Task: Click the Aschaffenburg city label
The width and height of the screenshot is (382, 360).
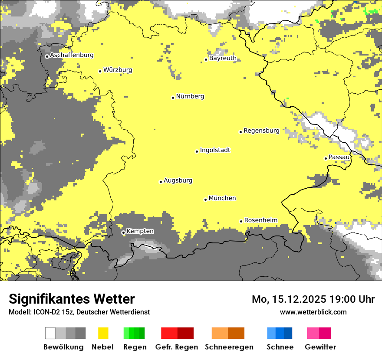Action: [72, 55]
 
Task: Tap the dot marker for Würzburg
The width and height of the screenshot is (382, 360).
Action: [100, 71]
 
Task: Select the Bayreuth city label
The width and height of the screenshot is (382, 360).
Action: [223, 58]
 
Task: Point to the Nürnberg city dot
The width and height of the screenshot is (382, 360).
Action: [173, 98]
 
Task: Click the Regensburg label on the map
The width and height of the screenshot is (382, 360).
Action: [261, 131]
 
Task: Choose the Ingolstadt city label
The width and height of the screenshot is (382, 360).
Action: [215, 151]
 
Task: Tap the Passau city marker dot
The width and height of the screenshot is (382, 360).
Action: [326, 158]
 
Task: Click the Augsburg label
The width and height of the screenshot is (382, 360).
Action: [178, 180]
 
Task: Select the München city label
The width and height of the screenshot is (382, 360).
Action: [222, 198]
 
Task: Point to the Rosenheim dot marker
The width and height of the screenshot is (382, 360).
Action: [241, 221]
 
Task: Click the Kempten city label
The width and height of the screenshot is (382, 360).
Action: [140, 231]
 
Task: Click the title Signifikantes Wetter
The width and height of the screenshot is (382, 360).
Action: [72, 299]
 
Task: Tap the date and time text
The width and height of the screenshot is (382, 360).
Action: [313, 299]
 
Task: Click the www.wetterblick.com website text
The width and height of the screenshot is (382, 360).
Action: [313, 312]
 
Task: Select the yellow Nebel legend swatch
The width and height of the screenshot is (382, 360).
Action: [103, 333]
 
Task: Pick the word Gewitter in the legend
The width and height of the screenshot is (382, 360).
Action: [320, 347]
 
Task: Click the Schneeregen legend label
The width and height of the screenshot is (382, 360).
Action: [229, 347]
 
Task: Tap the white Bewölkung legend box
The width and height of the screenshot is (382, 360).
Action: [50, 333]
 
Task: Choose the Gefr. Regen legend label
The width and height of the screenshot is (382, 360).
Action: [177, 347]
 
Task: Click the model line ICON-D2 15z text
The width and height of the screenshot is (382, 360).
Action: [79, 312]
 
